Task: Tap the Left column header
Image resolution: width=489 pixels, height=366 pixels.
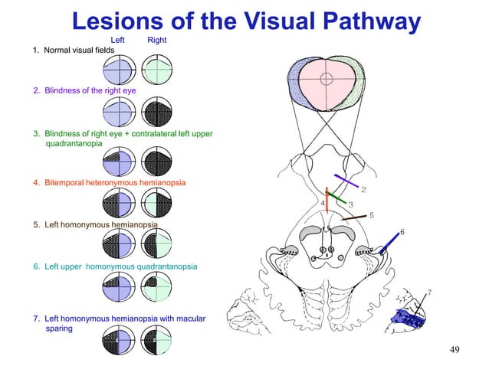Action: pos(118,39)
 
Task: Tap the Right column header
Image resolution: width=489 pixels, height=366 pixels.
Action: pos(156,39)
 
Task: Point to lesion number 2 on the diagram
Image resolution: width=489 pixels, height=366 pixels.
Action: pos(363,189)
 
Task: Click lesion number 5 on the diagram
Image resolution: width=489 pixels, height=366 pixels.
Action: pos(371,215)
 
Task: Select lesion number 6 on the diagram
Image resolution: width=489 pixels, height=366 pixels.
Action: pos(402,232)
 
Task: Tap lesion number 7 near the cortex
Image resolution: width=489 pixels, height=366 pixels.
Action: pos(428,292)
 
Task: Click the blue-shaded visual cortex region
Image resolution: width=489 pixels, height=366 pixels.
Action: pos(408,316)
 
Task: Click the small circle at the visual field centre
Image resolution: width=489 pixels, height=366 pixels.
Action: pos(326,78)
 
